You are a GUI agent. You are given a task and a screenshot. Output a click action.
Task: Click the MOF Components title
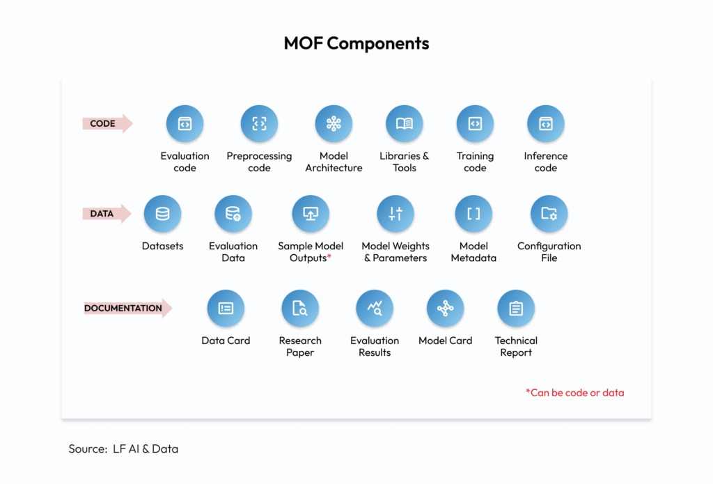[x=356, y=43]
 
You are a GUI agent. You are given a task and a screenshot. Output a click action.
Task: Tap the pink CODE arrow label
[x=107, y=123]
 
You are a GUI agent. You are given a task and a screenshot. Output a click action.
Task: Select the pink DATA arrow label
[x=107, y=213]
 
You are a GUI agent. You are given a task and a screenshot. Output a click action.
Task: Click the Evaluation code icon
[x=185, y=124]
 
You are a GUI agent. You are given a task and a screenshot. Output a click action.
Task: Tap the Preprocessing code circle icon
[x=259, y=124]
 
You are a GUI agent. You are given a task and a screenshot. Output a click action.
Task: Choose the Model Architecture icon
[x=334, y=124]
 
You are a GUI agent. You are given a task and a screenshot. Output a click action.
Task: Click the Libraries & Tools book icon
[x=405, y=124]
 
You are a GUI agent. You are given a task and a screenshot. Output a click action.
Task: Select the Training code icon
[x=475, y=124]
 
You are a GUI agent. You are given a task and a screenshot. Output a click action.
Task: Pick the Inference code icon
[x=546, y=124]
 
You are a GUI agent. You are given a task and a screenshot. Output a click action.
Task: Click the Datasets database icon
[x=162, y=214]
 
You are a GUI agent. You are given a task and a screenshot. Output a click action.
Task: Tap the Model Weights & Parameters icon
[x=395, y=214]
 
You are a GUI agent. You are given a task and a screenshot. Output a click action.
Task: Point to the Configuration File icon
[x=549, y=214]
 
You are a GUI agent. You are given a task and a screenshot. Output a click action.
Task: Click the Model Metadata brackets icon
[x=473, y=214]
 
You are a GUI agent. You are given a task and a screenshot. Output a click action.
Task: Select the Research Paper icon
[x=300, y=309]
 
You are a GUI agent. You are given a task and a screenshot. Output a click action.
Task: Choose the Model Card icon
[x=445, y=309]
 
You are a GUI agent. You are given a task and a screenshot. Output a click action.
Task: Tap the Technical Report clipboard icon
[x=516, y=309]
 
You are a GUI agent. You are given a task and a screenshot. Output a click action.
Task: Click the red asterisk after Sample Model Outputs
[x=329, y=256]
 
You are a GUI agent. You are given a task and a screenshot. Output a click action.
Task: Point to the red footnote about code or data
[x=574, y=393]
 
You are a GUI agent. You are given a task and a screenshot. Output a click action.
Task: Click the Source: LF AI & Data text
[x=123, y=449]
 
